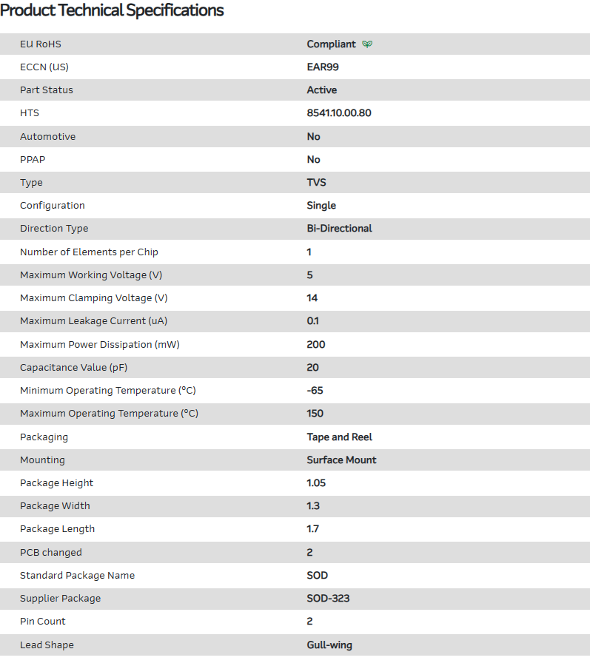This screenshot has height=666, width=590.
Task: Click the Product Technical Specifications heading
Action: pyautogui.click(x=112, y=10)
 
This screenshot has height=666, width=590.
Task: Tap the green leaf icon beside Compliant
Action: pyautogui.click(x=367, y=44)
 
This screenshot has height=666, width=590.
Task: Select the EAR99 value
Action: pyautogui.click(x=323, y=67)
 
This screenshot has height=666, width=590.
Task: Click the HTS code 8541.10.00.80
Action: pyautogui.click(x=339, y=113)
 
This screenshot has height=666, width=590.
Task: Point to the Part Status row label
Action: pyautogui.click(x=47, y=90)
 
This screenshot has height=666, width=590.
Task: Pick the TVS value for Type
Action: pyautogui.click(x=316, y=183)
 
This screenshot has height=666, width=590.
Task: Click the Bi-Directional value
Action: pyautogui.click(x=339, y=229)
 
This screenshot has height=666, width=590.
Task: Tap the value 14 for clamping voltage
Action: pyautogui.click(x=312, y=298)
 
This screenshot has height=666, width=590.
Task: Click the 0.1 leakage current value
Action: pyautogui.click(x=313, y=321)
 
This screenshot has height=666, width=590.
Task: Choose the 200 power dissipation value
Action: pyautogui.click(x=316, y=345)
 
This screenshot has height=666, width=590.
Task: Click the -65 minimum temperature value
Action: pyautogui.click(x=315, y=391)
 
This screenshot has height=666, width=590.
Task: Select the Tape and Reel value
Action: pyautogui.click(x=339, y=437)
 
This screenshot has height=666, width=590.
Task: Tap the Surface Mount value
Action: pyautogui.click(x=341, y=460)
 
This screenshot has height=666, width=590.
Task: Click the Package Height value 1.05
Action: pyautogui.click(x=316, y=483)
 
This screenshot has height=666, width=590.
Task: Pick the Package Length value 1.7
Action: pyautogui.click(x=313, y=529)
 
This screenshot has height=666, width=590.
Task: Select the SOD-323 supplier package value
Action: pyautogui.click(x=328, y=599)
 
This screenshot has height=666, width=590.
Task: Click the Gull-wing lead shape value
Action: pyautogui.click(x=329, y=645)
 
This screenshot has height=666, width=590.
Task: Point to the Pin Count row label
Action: pyautogui.click(x=43, y=622)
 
